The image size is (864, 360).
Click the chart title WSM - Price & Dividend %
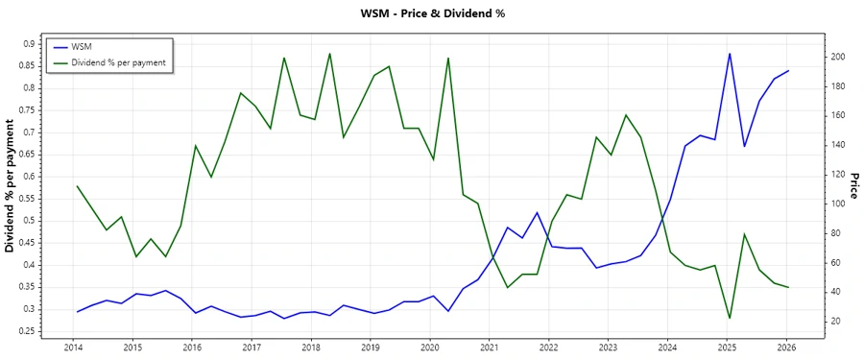pyautogui.click(x=431, y=13)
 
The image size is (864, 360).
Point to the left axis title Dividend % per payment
pyautogui.click(x=11, y=186)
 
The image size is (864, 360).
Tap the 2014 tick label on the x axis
pyautogui.click(x=73, y=348)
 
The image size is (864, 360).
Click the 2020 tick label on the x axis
pyautogui.click(x=430, y=348)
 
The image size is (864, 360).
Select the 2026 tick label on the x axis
pyautogui.click(x=787, y=348)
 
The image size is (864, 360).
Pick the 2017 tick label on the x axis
pyautogui.click(x=252, y=348)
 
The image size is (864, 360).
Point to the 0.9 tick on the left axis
pyautogui.click(x=29, y=43)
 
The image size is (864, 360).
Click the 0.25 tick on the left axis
pyautogui.click(x=27, y=331)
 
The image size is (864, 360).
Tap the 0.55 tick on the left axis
pyautogui.click(x=27, y=198)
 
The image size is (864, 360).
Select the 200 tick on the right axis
pyautogui.click(x=838, y=58)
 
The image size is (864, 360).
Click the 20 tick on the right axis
pyautogui.click(x=836, y=321)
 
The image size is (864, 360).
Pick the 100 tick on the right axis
pyautogui.click(x=838, y=204)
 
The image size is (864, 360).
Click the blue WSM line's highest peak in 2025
pyautogui.click(x=730, y=54)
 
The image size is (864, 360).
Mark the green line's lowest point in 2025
pyautogui.click(x=730, y=318)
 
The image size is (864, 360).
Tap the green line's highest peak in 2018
pyautogui.click(x=329, y=54)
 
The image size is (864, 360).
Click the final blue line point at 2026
pyautogui.click(x=788, y=70)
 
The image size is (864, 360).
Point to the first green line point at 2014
pyautogui.click(x=76, y=186)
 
